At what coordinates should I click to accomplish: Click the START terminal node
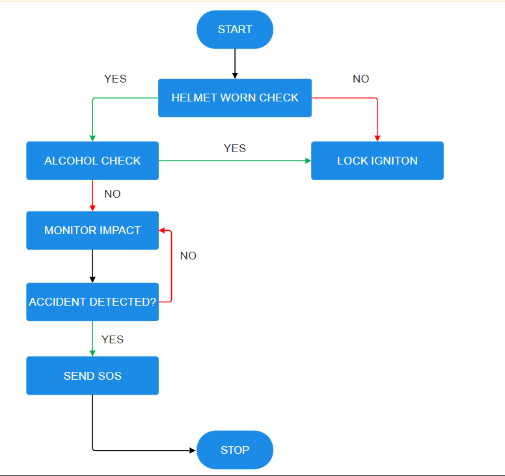pos(235,29)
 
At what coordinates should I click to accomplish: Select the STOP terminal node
pos(235,450)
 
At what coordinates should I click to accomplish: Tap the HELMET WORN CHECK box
pos(235,98)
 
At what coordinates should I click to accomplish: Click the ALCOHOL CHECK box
pos(92,161)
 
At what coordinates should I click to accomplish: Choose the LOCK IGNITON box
pos(377,161)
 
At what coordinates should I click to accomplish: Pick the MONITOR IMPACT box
pos(92,230)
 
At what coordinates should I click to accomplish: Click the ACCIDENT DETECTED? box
pos(92,302)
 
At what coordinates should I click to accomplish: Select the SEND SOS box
pos(92,376)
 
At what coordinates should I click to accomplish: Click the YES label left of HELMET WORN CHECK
pos(115,79)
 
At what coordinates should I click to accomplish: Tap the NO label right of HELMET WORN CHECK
pos(361,79)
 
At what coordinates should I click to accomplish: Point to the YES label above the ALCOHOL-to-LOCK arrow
pos(235,148)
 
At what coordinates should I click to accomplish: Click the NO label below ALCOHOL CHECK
pos(112,194)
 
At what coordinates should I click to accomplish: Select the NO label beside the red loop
pos(188,256)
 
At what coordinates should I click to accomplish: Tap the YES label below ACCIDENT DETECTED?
pos(113,339)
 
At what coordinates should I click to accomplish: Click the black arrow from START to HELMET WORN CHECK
pos(235,63)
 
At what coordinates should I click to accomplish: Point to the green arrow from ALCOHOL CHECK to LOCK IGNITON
pos(235,161)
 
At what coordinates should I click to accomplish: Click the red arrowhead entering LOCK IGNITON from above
pos(377,138)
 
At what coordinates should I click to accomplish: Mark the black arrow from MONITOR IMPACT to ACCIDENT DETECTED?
pos(92,265)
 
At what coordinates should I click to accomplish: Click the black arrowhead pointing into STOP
pos(192,450)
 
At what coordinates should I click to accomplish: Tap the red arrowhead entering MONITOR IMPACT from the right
pos(163,230)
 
